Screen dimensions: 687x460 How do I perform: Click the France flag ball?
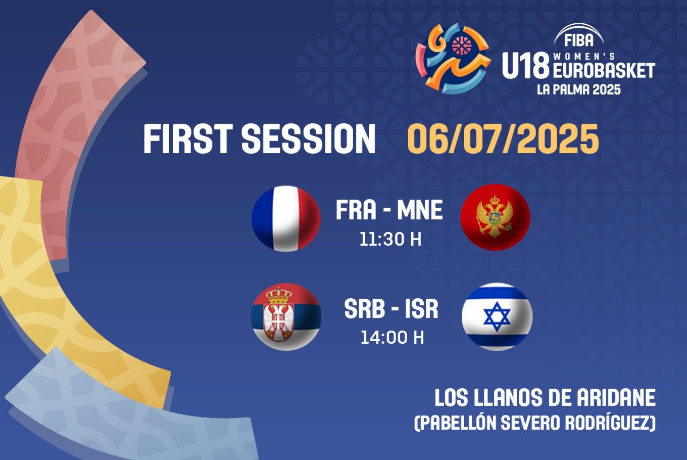pyautogui.click(x=286, y=218)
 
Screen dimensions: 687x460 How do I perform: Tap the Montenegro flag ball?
pyautogui.click(x=496, y=217)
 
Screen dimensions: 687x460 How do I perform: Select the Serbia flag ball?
pyautogui.click(x=286, y=316)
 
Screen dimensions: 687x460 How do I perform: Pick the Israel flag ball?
pyautogui.click(x=497, y=316)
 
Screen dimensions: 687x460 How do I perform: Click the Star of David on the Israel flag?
pyautogui.click(x=497, y=317)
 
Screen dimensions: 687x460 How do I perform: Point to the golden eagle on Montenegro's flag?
pyautogui.click(x=494, y=216)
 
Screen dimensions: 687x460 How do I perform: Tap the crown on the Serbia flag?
pyautogui.click(x=279, y=295)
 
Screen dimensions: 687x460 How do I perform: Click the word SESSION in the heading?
pyautogui.click(x=309, y=139)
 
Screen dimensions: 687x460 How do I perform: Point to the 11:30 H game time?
pyautogui.click(x=390, y=240)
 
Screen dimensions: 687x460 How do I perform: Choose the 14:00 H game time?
pyautogui.click(x=392, y=337)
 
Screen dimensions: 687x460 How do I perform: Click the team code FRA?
pyautogui.click(x=356, y=210)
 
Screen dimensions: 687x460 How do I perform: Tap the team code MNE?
pyautogui.click(x=420, y=210)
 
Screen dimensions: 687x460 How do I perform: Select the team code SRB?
pyautogui.click(x=364, y=309)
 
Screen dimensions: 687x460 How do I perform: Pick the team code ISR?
pyautogui.click(x=421, y=309)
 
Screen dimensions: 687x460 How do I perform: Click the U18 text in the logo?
pyautogui.click(x=525, y=65)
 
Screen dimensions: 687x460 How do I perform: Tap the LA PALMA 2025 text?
pyautogui.click(x=579, y=89)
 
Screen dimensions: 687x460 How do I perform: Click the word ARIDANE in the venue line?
pyautogui.click(x=616, y=397)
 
